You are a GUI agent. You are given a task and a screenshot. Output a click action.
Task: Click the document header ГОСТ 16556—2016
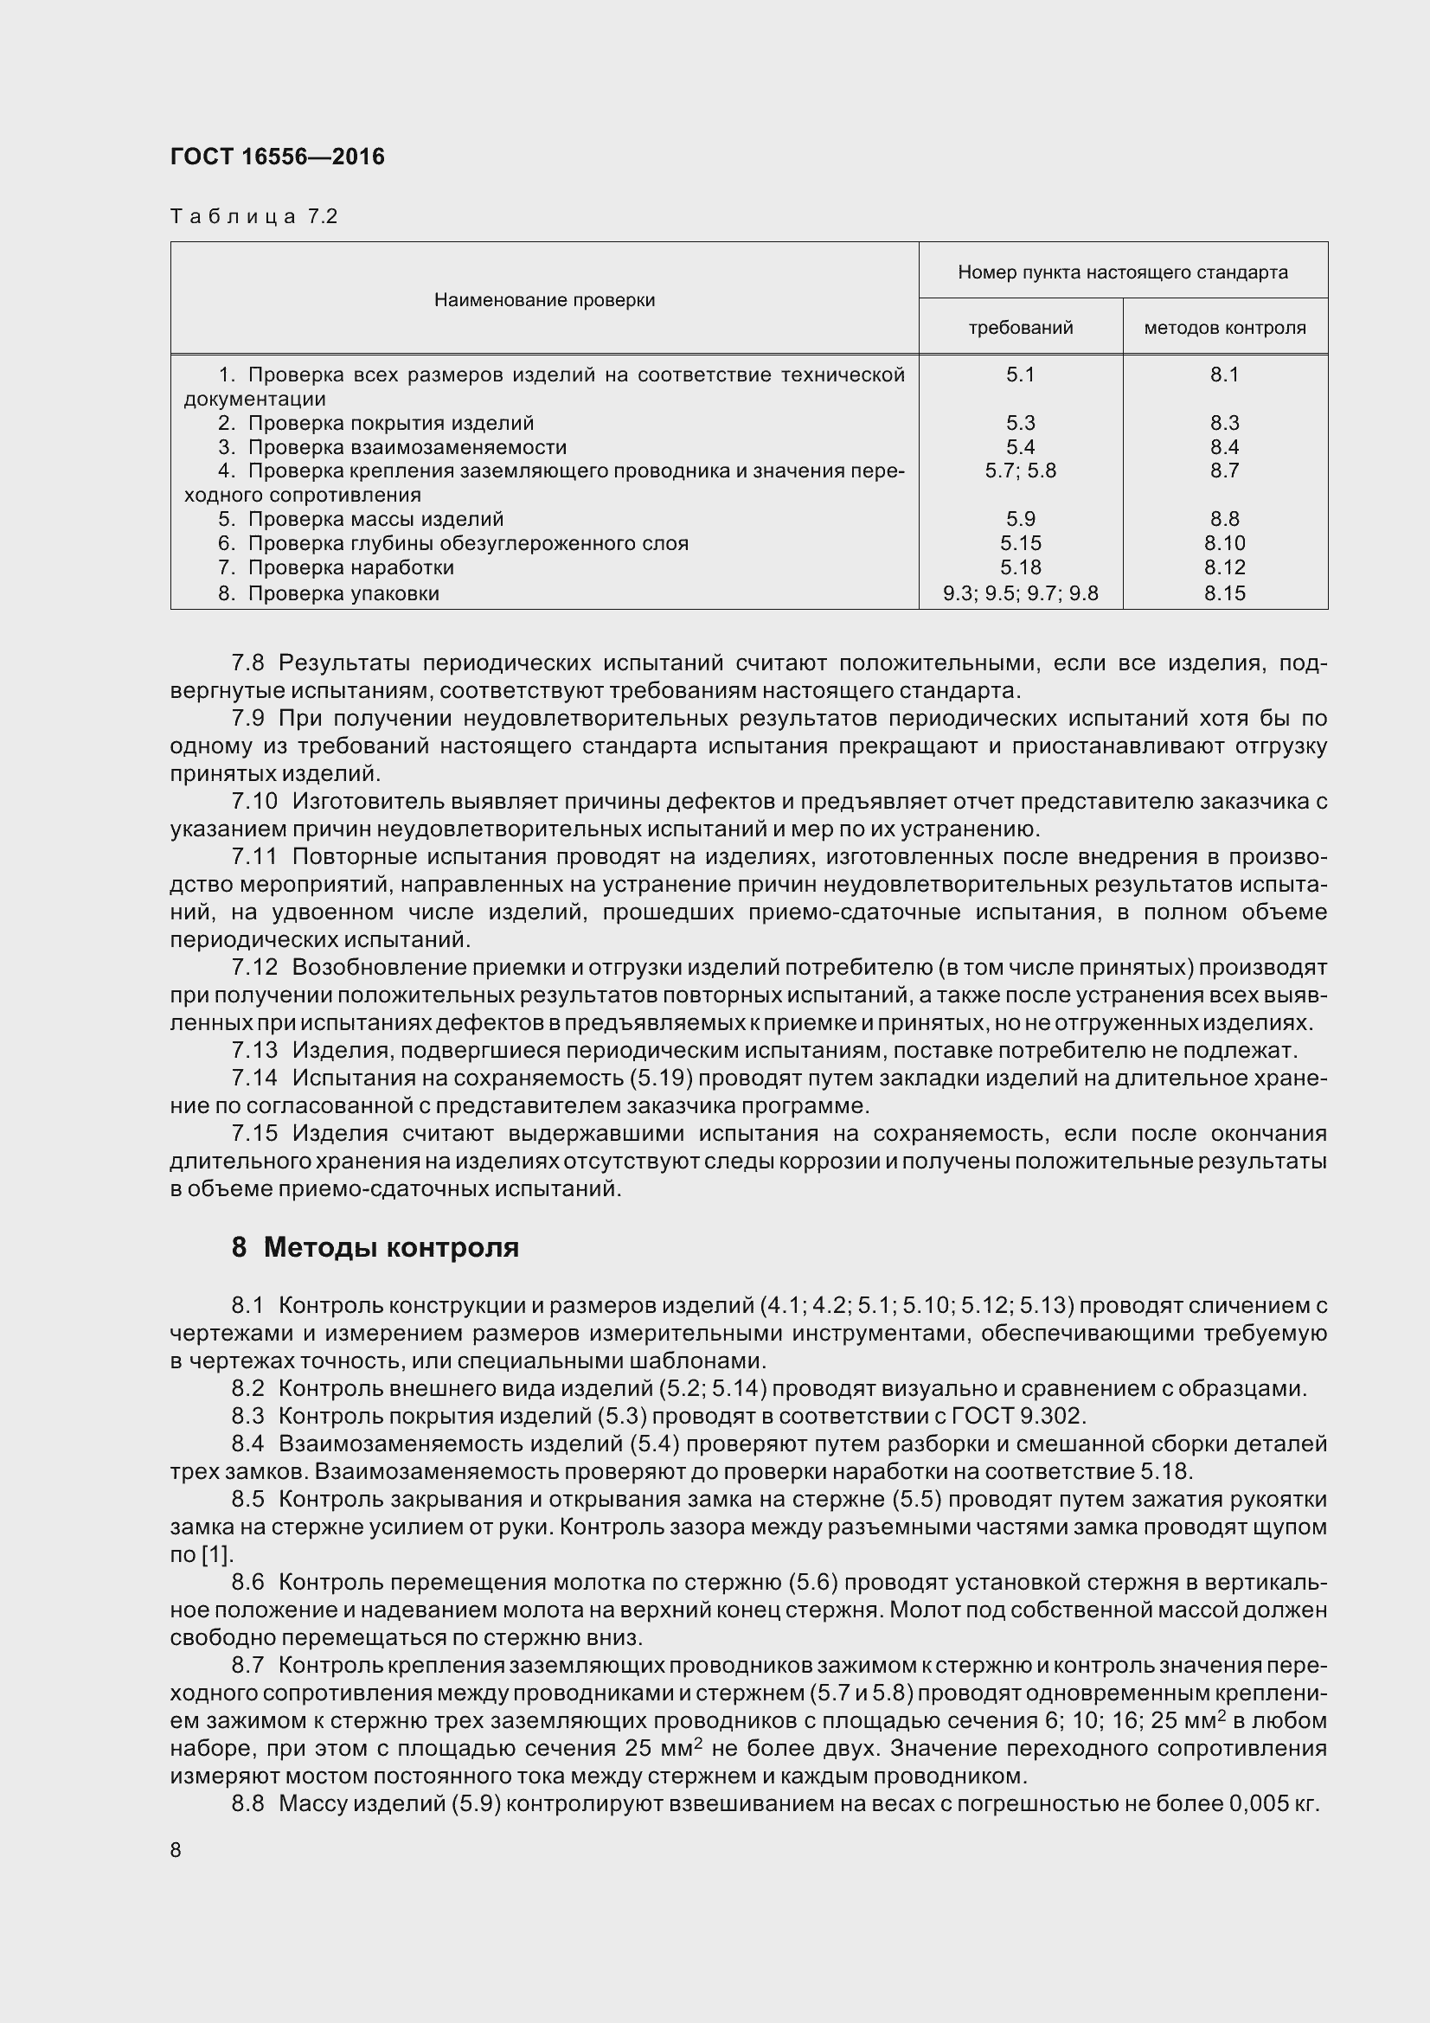pyautogui.click(x=278, y=157)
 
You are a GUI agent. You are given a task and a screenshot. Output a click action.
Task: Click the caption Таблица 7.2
pyautogui.click(x=253, y=217)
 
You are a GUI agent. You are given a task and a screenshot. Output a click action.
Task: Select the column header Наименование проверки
pyautogui.click(x=543, y=300)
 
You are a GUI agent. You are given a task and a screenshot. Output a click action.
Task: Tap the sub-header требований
pyautogui.click(x=1020, y=328)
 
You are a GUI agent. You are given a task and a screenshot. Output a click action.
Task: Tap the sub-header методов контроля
pyautogui.click(x=1225, y=328)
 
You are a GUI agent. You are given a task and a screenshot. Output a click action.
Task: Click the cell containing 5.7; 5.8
pyautogui.click(x=1020, y=471)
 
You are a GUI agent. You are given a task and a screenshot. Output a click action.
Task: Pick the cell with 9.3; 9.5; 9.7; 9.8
pyautogui.click(x=1020, y=593)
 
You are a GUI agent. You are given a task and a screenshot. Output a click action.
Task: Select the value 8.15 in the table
pyautogui.click(x=1225, y=593)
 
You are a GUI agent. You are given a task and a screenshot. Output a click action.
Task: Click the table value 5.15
pyautogui.click(x=1020, y=543)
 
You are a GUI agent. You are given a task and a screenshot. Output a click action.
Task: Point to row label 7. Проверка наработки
pyautogui.click(x=337, y=567)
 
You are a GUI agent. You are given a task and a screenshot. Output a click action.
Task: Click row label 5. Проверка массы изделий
pyautogui.click(x=362, y=519)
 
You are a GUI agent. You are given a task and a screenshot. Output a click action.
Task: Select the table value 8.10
pyautogui.click(x=1225, y=543)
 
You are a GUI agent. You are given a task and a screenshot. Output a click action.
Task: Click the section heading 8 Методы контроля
pyautogui.click(x=375, y=1248)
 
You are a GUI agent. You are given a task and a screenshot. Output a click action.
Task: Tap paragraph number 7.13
pyautogui.click(x=253, y=1050)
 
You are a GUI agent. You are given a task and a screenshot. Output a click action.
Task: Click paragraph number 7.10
pyautogui.click(x=253, y=801)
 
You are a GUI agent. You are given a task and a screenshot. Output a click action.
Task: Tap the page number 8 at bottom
pyautogui.click(x=176, y=1849)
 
